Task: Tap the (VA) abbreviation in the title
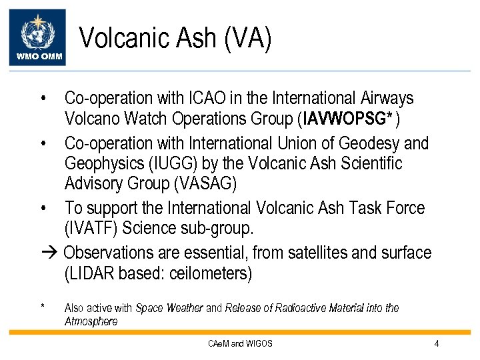click(248, 38)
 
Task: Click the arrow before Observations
click(50, 253)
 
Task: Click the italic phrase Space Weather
click(169, 308)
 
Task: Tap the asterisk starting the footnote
click(43, 307)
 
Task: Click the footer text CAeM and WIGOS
click(240, 344)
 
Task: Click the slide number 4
click(436, 344)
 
